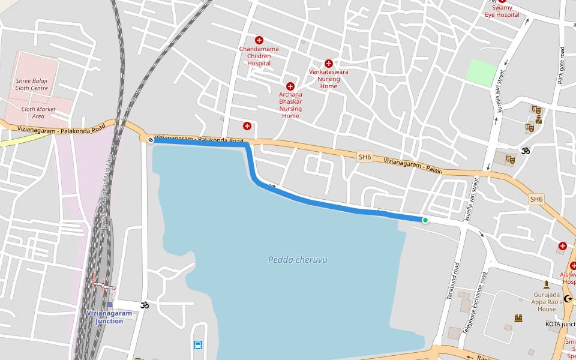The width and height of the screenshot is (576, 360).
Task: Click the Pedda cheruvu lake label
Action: click(x=298, y=260)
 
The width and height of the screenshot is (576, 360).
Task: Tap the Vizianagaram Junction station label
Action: click(x=109, y=317)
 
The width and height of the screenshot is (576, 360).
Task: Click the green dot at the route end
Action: click(x=425, y=220)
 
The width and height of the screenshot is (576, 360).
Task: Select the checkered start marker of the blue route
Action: click(x=150, y=140)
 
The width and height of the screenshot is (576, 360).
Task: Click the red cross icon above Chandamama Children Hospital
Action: click(x=259, y=40)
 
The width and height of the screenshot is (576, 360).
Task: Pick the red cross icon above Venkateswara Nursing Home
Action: click(x=328, y=64)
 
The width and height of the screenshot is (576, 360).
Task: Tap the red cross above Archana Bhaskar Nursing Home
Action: click(x=290, y=86)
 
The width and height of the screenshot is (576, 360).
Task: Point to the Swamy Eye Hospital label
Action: click(x=502, y=11)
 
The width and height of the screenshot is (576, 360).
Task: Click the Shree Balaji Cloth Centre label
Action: click(x=32, y=84)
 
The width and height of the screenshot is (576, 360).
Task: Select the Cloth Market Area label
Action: click(x=38, y=112)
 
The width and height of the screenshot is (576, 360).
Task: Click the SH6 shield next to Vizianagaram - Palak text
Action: click(x=365, y=157)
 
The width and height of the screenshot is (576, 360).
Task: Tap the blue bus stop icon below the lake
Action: click(x=198, y=345)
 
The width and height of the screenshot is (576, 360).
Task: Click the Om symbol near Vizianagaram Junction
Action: click(x=144, y=305)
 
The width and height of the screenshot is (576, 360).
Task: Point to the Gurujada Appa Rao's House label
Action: click(x=547, y=302)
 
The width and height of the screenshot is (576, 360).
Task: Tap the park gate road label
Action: click(x=562, y=66)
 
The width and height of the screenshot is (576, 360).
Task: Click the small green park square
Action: click(x=482, y=72)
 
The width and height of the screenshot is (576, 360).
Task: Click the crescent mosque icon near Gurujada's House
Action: click(x=568, y=298)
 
